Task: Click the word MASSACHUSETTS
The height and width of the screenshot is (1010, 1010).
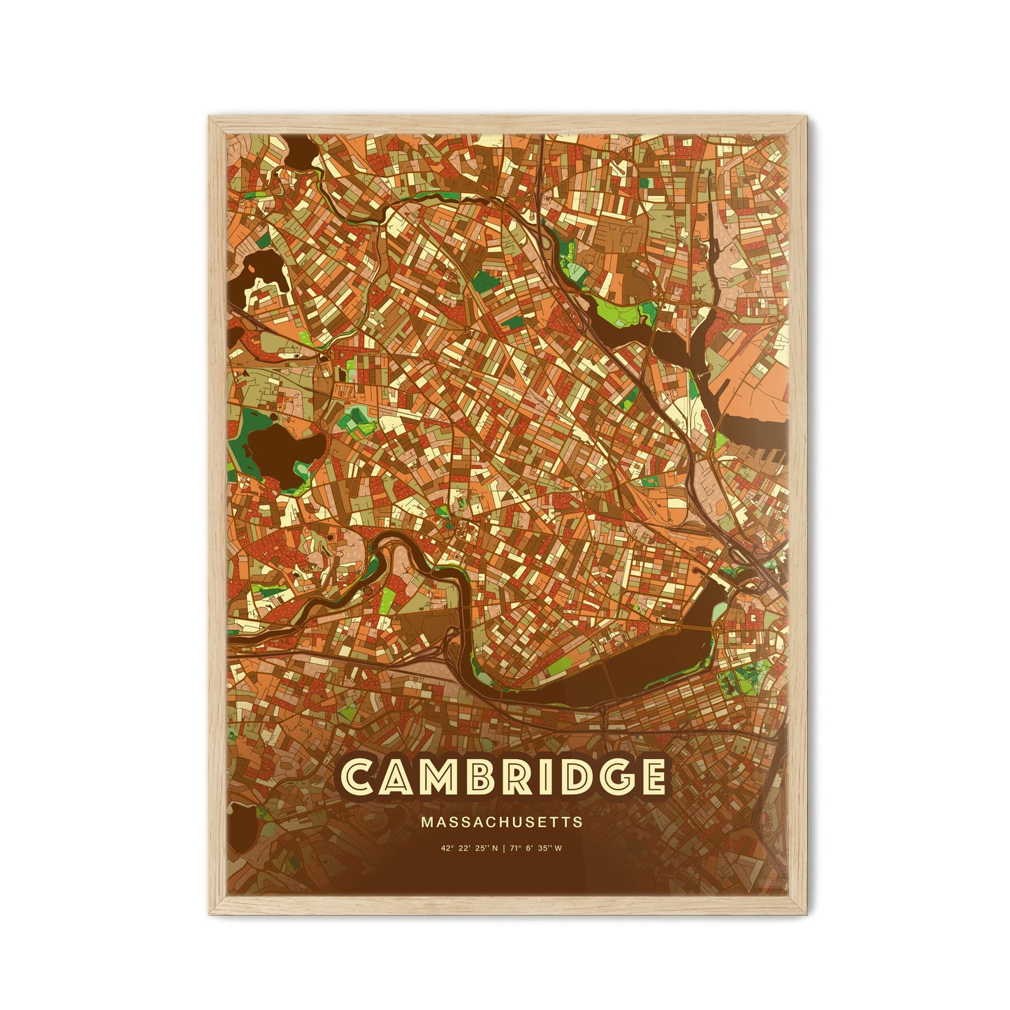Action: [x=501, y=823]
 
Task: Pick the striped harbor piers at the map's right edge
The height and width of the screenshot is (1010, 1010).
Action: [x=758, y=447]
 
